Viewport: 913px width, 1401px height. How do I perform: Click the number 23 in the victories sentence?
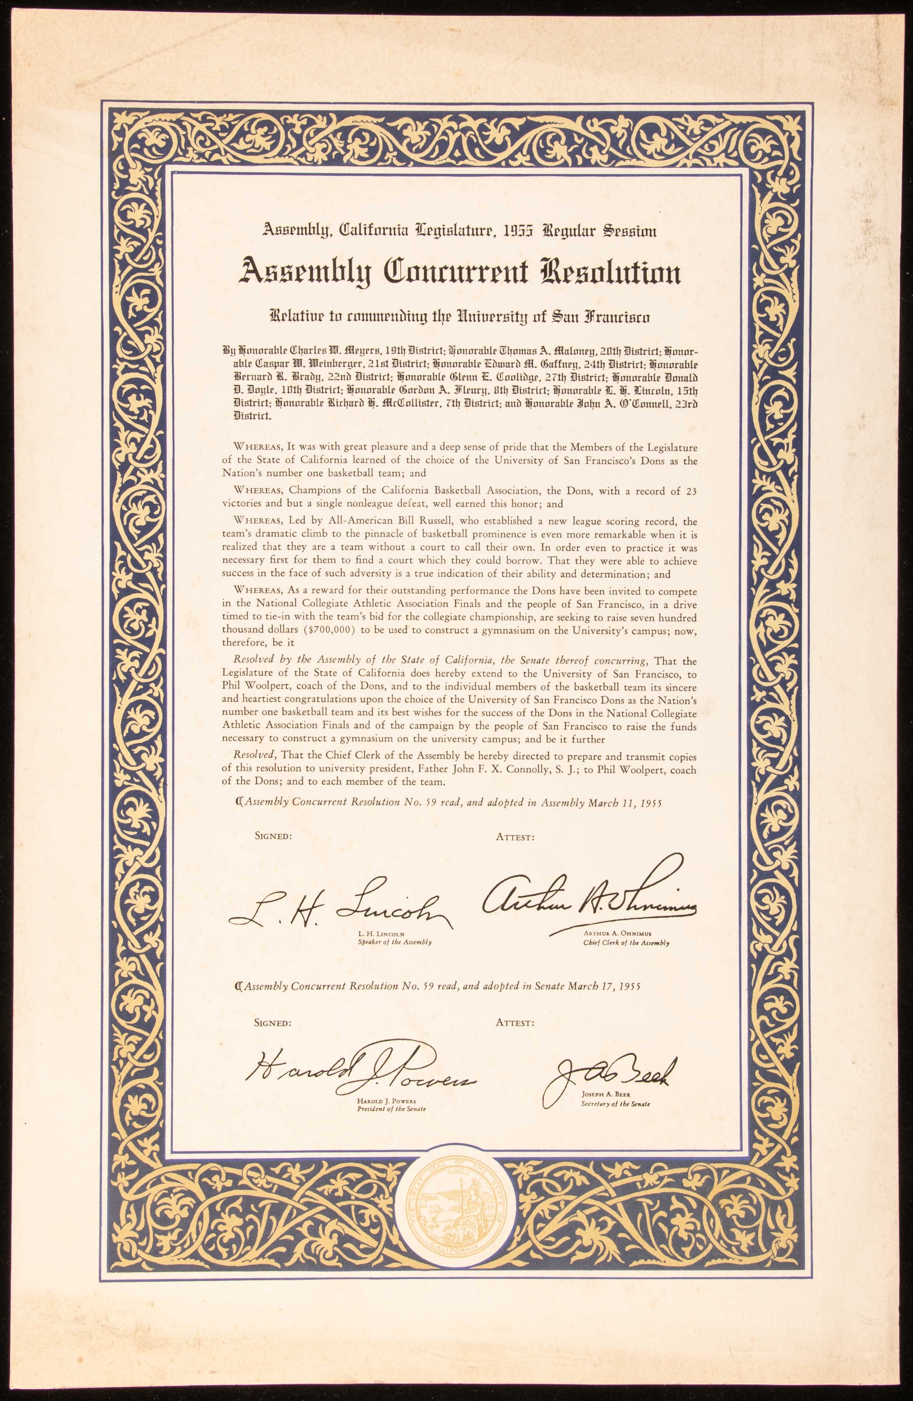point(691,491)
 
